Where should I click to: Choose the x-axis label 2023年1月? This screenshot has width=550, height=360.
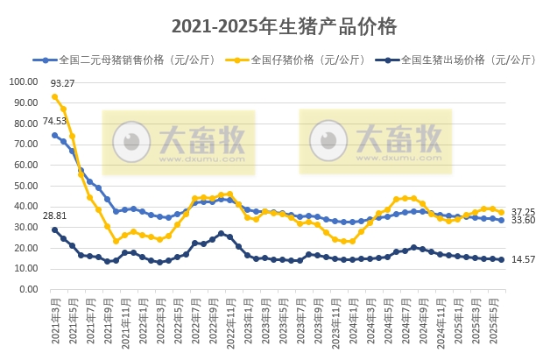click(x=247, y=320)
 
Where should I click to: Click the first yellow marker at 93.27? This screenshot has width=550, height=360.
click(x=54, y=97)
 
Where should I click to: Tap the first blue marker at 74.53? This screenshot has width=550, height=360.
click(x=54, y=136)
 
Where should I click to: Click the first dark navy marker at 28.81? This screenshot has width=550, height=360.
click(x=54, y=229)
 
